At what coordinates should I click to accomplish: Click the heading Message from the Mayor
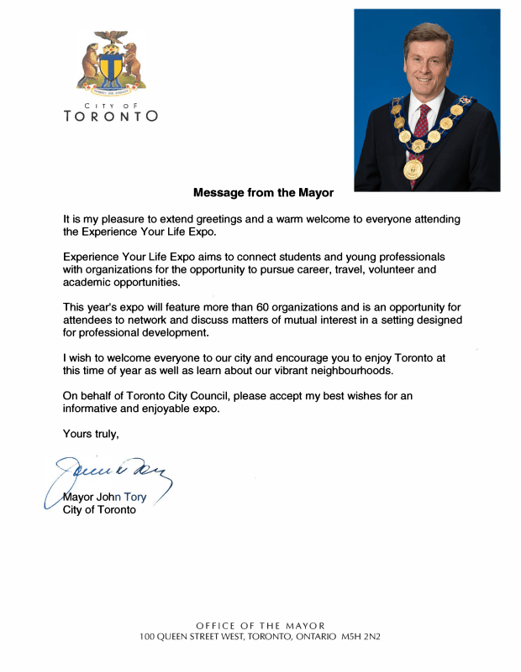click(263, 193)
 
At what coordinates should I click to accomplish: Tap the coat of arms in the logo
click(111, 65)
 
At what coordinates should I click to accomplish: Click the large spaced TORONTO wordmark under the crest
click(111, 117)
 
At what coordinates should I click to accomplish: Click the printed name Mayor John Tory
click(105, 497)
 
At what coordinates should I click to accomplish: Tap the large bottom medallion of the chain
click(412, 169)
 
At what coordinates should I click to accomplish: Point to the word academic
click(87, 282)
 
